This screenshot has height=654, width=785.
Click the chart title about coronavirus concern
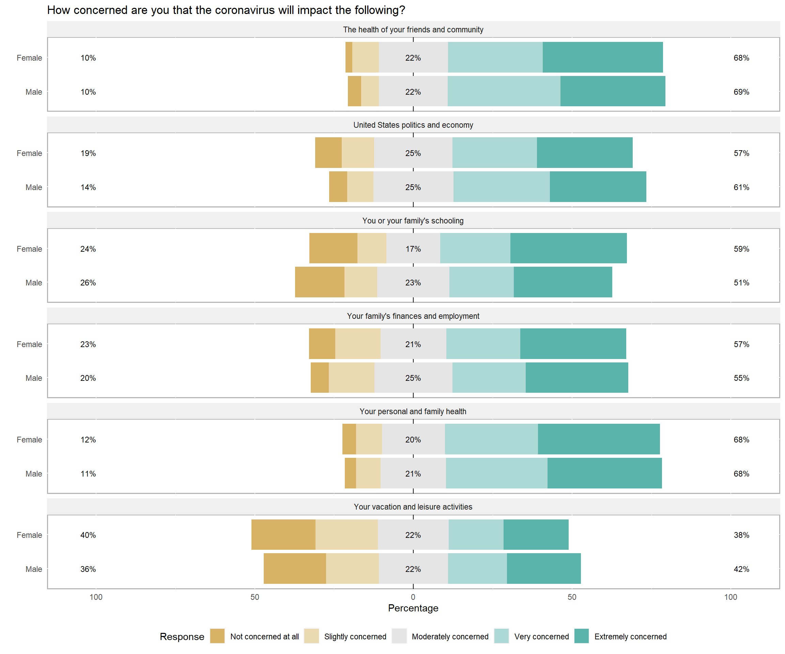(226, 10)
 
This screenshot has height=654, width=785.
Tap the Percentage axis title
(413, 608)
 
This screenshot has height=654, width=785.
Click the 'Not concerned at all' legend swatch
(217, 636)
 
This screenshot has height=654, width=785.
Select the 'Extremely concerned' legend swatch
(581, 636)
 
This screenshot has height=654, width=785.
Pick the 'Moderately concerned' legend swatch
(399, 636)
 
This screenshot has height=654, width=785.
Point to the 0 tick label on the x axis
(413, 597)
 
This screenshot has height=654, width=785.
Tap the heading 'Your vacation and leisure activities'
(413, 507)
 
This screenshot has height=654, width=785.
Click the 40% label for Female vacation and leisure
(88, 535)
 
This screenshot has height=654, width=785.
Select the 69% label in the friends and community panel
(741, 92)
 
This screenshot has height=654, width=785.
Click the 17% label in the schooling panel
(413, 249)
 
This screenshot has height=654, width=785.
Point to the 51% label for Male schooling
(741, 282)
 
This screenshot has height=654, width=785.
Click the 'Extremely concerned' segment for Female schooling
(568, 248)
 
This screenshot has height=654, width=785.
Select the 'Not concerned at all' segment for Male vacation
(295, 569)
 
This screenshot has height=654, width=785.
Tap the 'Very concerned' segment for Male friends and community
(504, 91)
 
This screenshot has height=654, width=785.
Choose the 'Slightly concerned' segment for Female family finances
(358, 343)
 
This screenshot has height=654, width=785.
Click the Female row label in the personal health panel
(29, 439)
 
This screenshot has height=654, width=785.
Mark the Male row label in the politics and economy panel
(34, 187)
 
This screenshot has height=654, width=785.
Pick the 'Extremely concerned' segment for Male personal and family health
(604, 473)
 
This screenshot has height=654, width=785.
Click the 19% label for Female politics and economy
(88, 153)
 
